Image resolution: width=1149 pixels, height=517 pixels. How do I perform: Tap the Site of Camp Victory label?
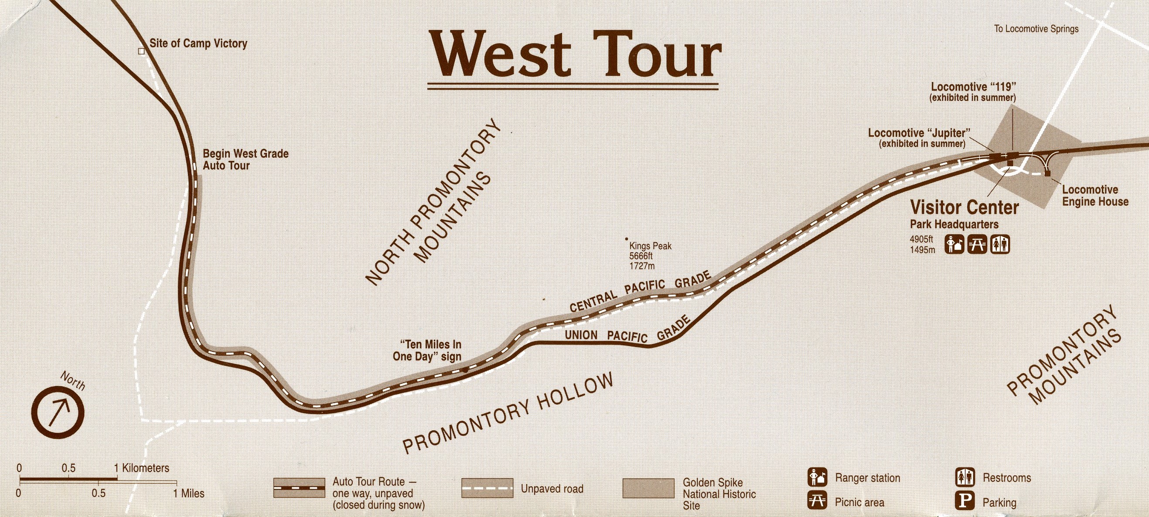pos(198,44)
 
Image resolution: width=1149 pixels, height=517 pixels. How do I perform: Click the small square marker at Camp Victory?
pos(141,51)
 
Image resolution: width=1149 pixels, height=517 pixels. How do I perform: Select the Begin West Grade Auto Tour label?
pos(245,160)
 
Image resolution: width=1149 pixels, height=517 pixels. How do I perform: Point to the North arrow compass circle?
pos(58,413)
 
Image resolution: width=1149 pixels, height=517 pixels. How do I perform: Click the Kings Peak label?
pos(650,255)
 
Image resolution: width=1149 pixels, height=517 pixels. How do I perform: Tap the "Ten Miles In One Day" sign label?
pos(427,350)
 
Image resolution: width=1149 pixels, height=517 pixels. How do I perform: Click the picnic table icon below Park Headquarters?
pos(977,245)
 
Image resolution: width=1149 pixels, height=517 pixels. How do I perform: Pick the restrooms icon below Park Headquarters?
pos(999,245)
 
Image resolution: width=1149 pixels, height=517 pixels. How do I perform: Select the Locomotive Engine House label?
pos(1095,196)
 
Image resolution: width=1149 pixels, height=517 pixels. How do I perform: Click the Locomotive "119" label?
pos(973,92)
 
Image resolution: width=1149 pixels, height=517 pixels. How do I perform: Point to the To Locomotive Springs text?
pos(1036,29)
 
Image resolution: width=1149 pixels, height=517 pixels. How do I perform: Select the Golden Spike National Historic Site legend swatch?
pos(648,489)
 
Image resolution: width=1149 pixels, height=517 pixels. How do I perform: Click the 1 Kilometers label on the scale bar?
pos(141,468)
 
